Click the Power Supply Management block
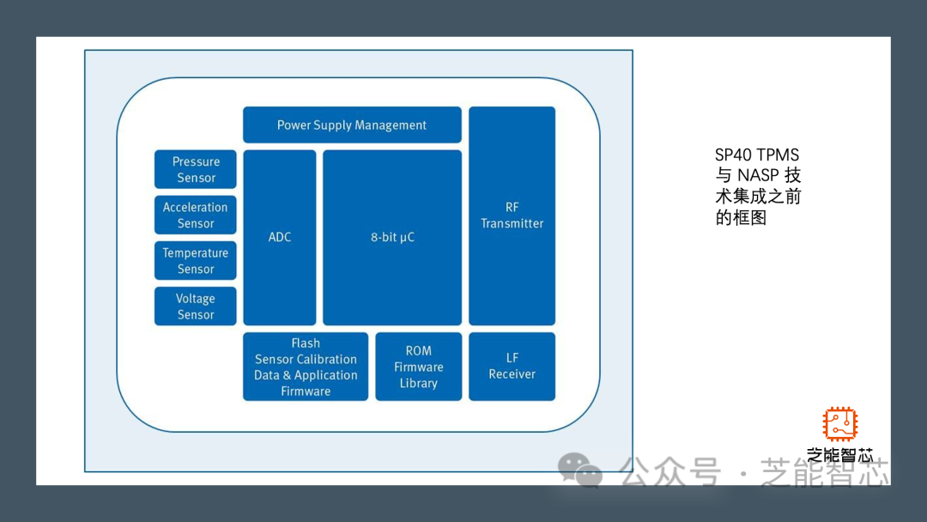352,124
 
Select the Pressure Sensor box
196,169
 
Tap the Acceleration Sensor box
196,215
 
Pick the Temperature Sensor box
196,261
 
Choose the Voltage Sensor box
196,307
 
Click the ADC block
280,238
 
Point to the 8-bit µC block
392,238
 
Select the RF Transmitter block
512,215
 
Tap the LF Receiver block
512,367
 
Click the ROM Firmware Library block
419,367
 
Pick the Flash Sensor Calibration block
306,367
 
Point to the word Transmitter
512,223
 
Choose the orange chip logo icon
840,424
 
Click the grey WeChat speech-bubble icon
580,470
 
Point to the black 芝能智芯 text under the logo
840,455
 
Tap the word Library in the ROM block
419,383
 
